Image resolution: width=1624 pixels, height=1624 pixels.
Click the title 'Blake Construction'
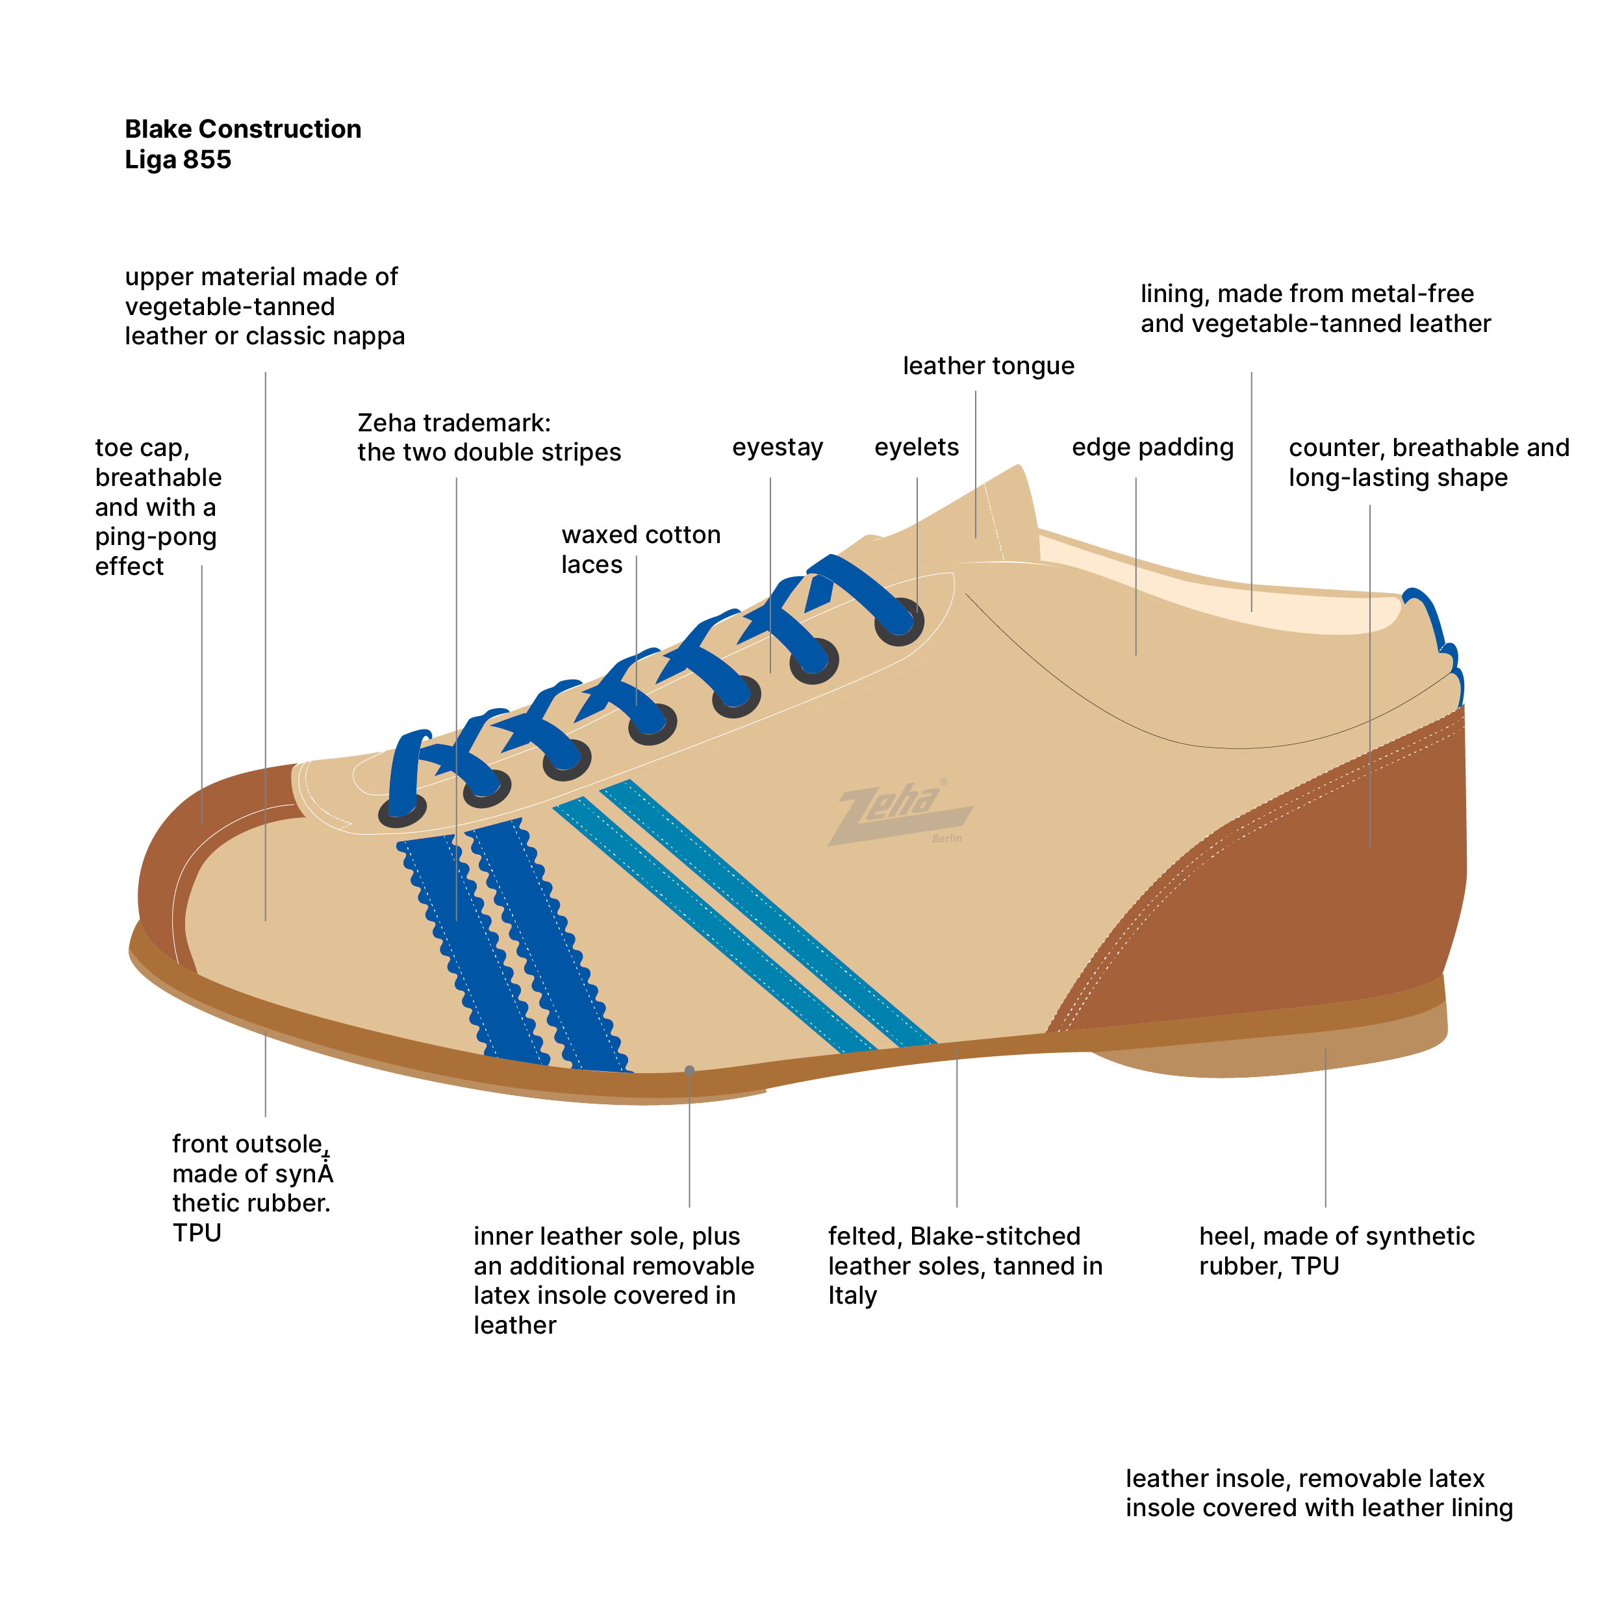[243, 129]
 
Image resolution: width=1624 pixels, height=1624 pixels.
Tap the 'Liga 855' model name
[177, 160]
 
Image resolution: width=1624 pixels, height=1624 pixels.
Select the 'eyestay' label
[777, 447]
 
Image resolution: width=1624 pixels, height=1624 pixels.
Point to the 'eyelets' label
[916, 447]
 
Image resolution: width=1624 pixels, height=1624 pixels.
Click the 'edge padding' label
[1152, 447]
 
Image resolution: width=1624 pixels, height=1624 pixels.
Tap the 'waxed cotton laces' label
[641, 549]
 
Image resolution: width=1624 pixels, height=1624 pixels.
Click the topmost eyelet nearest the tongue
[900, 623]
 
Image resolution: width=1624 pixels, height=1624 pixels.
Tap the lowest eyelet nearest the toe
[403, 810]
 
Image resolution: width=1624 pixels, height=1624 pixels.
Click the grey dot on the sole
[689, 1070]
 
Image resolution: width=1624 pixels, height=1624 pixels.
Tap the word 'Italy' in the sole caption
[852, 1295]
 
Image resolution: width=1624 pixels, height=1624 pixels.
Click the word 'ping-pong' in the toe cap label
[155, 537]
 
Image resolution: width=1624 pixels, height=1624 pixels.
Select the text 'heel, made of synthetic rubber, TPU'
[1336, 1250]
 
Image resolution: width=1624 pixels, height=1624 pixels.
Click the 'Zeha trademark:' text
[454, 422]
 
